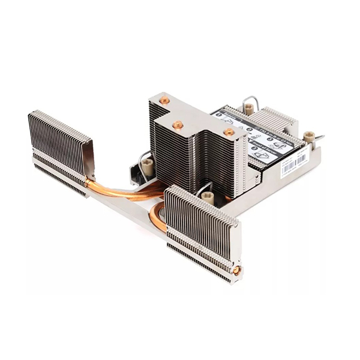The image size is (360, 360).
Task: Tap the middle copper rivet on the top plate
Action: click(178, 125)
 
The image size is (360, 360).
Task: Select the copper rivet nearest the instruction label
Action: click(229, 131)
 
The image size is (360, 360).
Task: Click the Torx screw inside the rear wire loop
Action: click(248, 109)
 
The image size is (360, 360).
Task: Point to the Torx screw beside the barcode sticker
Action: click(308, 137)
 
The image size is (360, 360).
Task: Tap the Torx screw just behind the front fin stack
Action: click(208, 196)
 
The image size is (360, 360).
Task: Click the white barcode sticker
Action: click(294, 163)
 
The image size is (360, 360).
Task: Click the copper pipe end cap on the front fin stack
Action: click(237, 270)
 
